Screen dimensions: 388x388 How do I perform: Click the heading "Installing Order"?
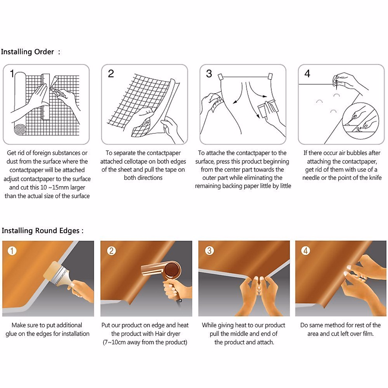[27, 52]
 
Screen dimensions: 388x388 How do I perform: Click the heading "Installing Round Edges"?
[40, 231]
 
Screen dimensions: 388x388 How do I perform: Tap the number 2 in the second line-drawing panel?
[111, 74]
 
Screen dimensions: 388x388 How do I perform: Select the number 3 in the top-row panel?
[209, 74]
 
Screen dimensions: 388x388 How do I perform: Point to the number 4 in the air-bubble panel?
[307, 74]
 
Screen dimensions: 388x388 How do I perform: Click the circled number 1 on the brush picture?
[12, 251]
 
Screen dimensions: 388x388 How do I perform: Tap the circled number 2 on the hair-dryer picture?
[111, 251]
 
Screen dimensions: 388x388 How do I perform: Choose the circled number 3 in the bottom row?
[210, 251]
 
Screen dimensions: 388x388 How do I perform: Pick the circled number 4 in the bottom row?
[306, 251]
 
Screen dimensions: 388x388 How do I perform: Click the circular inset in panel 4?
[361, 121]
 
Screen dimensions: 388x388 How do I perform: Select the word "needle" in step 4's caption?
[312, 178]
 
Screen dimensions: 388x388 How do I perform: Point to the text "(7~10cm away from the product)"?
[145, 342]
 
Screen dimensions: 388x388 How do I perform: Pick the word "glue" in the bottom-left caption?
[11, 334]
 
